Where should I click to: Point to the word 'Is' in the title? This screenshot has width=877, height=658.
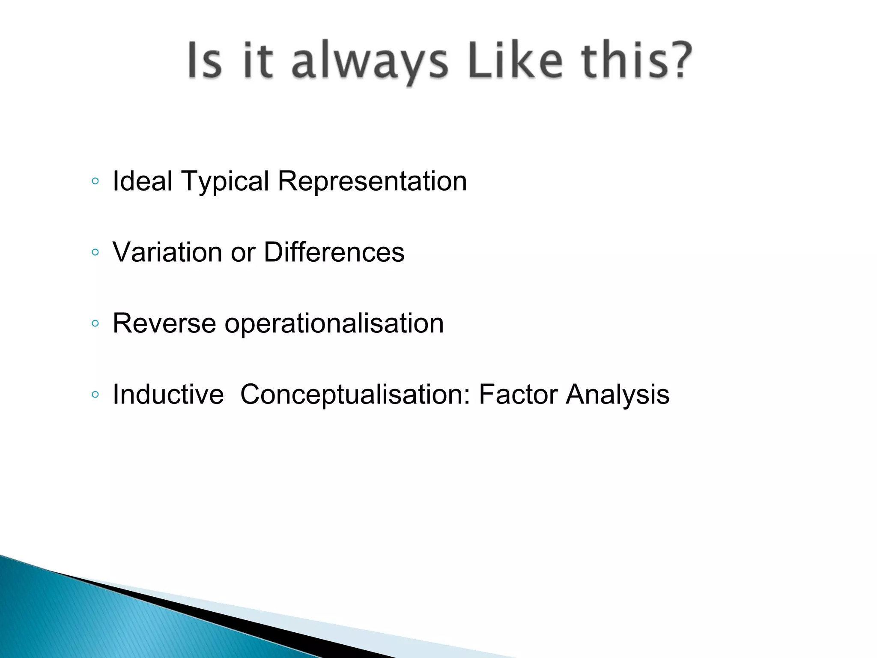[x=205, y=60]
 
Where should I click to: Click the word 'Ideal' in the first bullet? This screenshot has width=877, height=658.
[x=142, y=181]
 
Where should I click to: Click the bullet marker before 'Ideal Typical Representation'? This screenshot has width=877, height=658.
[x=95, y=182]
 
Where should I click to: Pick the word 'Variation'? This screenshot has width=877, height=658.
[x=167, y=252]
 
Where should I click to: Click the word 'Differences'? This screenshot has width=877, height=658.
[x=334, y=252]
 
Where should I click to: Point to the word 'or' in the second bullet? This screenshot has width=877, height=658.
[x=243, y=253]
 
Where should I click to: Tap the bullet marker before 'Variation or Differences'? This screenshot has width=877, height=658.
[x=95, y=253]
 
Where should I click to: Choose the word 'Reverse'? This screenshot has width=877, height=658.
[x=164, y=323]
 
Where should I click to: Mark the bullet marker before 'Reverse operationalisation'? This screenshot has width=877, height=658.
[x=95, y=324]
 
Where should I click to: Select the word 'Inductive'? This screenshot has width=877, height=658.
[x=168, y=395]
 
